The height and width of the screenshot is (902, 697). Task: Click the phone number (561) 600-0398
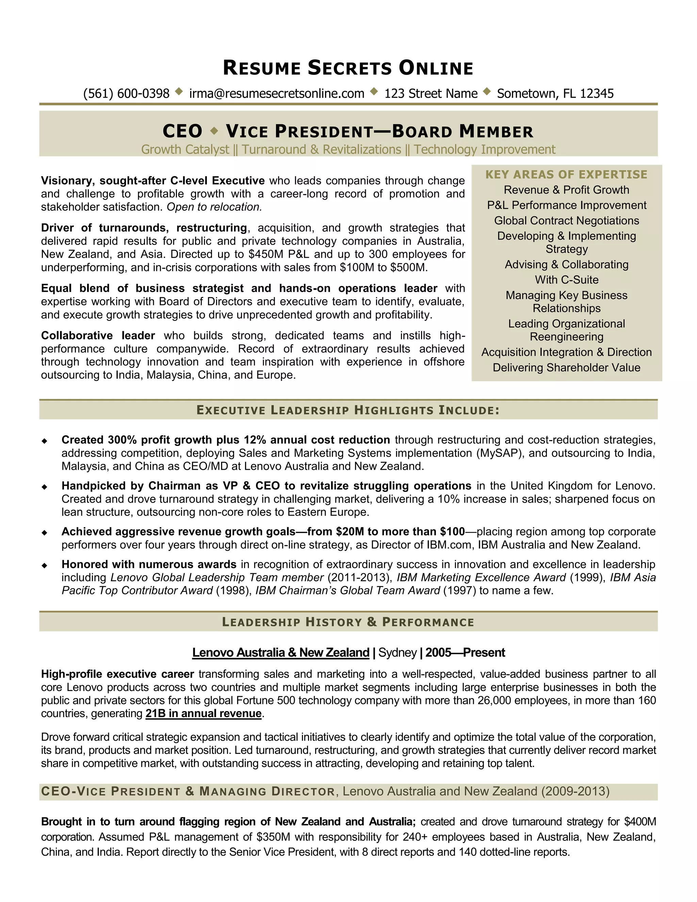pyautogui.click(x=126, y=94)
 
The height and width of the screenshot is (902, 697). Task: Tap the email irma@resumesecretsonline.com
pyautogui.click(x=277, y=94)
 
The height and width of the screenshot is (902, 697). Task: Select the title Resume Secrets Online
pyautogui.click(x=348, y=68)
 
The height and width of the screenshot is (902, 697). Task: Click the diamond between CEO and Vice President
pyautogui.click(x=214, y=131)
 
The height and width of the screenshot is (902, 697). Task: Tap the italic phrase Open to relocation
pyautogui.click(x=214, y=207)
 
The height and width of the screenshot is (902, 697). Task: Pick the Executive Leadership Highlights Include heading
pyautogui.click(x=348, y=410)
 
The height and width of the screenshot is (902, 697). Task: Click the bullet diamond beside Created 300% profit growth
pyautogui.click(x=44, y=441)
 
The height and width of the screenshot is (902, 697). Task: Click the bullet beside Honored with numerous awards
pyautogui.click(x=44, y=565)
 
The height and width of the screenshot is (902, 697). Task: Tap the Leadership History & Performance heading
pyautogui.click(x=348, y=622)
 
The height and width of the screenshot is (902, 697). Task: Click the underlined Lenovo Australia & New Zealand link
pyautogui.click(x=281, y=653)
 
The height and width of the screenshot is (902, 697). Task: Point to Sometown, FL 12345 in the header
pyautogui.click(x=555, y=94)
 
